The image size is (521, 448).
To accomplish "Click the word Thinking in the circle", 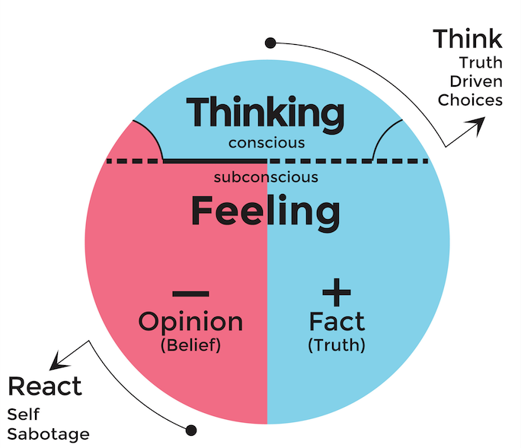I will pos(266,114).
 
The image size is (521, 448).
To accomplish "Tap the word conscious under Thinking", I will pos(267,142).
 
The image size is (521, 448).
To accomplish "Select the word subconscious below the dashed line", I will pos(266,177).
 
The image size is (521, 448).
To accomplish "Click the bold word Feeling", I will pos(266,211).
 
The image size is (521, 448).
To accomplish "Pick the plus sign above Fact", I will pos(336,292).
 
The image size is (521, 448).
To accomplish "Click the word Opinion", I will pos(190,321).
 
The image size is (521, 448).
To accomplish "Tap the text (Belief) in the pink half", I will pos(190,345).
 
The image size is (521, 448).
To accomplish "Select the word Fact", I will pos(336,321).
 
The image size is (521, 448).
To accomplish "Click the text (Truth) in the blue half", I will pos(336,345).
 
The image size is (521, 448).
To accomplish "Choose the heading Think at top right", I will pos(467,39).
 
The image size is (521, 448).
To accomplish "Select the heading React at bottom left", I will pos(44,386).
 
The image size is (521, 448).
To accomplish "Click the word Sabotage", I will pos(48,434).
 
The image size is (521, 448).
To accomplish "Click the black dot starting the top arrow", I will pos(270,43).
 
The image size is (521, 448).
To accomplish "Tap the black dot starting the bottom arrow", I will pos(191,431).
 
